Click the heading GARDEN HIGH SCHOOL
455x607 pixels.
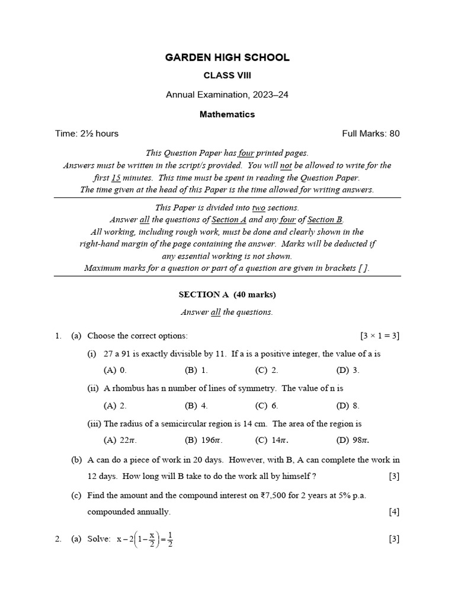tap(227, 57)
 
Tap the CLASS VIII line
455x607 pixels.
tap(227, 76)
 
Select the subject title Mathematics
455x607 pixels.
tap(227, 114)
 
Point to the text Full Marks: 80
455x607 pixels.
tap(371, 133)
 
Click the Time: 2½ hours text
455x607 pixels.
tap(86, 133)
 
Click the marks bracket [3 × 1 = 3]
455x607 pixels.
tap(379, 336)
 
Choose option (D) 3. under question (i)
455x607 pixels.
tap(348, 370)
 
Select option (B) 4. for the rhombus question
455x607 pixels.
tap(196, 406)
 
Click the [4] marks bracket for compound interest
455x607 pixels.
tap(394, 512)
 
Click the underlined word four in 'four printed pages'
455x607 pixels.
tap(246, 153)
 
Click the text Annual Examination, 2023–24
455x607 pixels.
tap(227, 95)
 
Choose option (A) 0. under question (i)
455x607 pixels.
tap(115, 370)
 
